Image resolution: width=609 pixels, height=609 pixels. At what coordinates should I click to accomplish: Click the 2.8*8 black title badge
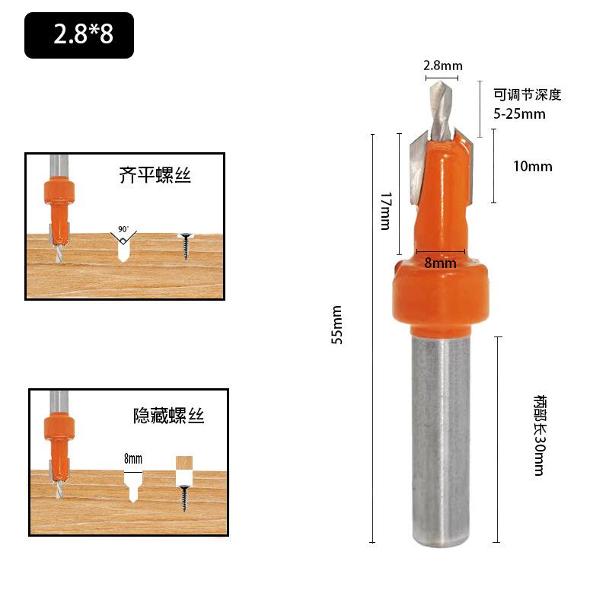[79, 35]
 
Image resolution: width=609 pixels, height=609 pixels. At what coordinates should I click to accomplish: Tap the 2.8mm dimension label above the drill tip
[443, 65]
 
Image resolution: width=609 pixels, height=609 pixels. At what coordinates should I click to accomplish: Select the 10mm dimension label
[532, 167]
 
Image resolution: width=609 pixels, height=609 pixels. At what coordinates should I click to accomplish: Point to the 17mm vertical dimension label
[386, 211]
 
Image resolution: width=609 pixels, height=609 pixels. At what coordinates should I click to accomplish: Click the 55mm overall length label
[336, 325]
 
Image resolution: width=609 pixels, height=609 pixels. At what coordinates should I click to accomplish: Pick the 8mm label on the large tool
[440, 263]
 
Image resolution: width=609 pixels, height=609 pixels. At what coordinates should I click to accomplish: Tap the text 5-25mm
[519, 113]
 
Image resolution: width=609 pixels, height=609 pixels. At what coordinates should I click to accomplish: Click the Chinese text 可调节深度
[528, 94]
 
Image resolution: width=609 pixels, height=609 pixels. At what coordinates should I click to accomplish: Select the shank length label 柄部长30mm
[539, 435]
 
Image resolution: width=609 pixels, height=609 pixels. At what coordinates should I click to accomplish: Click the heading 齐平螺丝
[155, 175]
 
